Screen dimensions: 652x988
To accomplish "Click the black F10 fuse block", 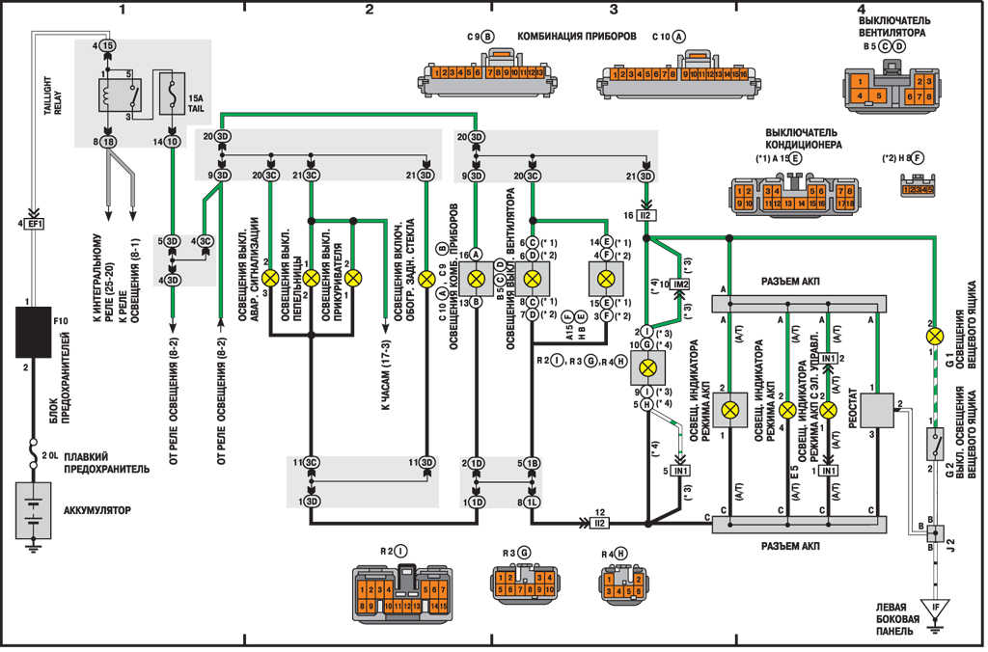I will click(33, 331).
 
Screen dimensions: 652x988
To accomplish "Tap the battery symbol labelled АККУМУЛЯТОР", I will click(32, 508).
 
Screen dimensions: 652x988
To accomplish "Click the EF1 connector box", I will click(33, 224).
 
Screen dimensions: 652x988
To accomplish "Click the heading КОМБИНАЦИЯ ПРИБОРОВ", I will click(577, 36).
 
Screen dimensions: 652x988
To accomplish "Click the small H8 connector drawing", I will click(917, 189).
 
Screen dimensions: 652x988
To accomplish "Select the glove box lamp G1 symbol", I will click(933, 337).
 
